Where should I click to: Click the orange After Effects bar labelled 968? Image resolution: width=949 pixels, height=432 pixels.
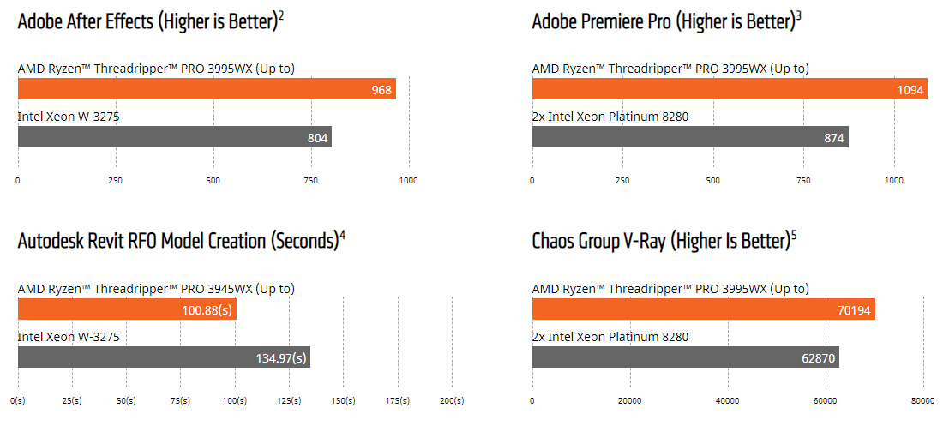tap(207, 88)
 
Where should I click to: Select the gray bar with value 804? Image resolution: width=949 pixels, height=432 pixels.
tap(174, 136)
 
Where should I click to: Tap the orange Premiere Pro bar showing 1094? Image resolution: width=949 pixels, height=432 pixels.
tap(730, 88)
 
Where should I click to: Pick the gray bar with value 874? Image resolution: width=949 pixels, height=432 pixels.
tap(690, 136)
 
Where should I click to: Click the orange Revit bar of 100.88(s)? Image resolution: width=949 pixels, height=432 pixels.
tap(127, 309)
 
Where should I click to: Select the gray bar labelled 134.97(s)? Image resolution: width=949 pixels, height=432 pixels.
tap(164, 357)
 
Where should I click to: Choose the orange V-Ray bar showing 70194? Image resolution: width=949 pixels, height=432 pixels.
tap(703, 309)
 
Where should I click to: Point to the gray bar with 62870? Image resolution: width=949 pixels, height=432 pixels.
tap(685, 357)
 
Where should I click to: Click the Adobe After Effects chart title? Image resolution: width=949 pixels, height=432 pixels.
tap(150, 21)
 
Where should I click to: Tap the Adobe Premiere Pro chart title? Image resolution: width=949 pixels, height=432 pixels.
tap(666, 21)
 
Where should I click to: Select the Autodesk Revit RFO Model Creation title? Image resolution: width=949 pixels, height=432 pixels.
tap(181, 241)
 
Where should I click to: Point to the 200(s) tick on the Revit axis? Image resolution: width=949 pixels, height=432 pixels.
tap(452, 400)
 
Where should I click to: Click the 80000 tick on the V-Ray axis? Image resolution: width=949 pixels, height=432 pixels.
tap(922, 400)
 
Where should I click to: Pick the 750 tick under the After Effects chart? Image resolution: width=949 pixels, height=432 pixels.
tap(310, 181)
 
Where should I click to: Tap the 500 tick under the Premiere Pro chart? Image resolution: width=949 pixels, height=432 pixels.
tap(712, 181)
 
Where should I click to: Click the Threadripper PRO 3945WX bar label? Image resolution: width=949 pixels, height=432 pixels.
tap(156, 289)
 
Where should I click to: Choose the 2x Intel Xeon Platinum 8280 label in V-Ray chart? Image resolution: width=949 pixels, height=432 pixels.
tap(610, 337)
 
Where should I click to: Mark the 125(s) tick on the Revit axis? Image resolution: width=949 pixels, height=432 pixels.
tap(289, 400)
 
